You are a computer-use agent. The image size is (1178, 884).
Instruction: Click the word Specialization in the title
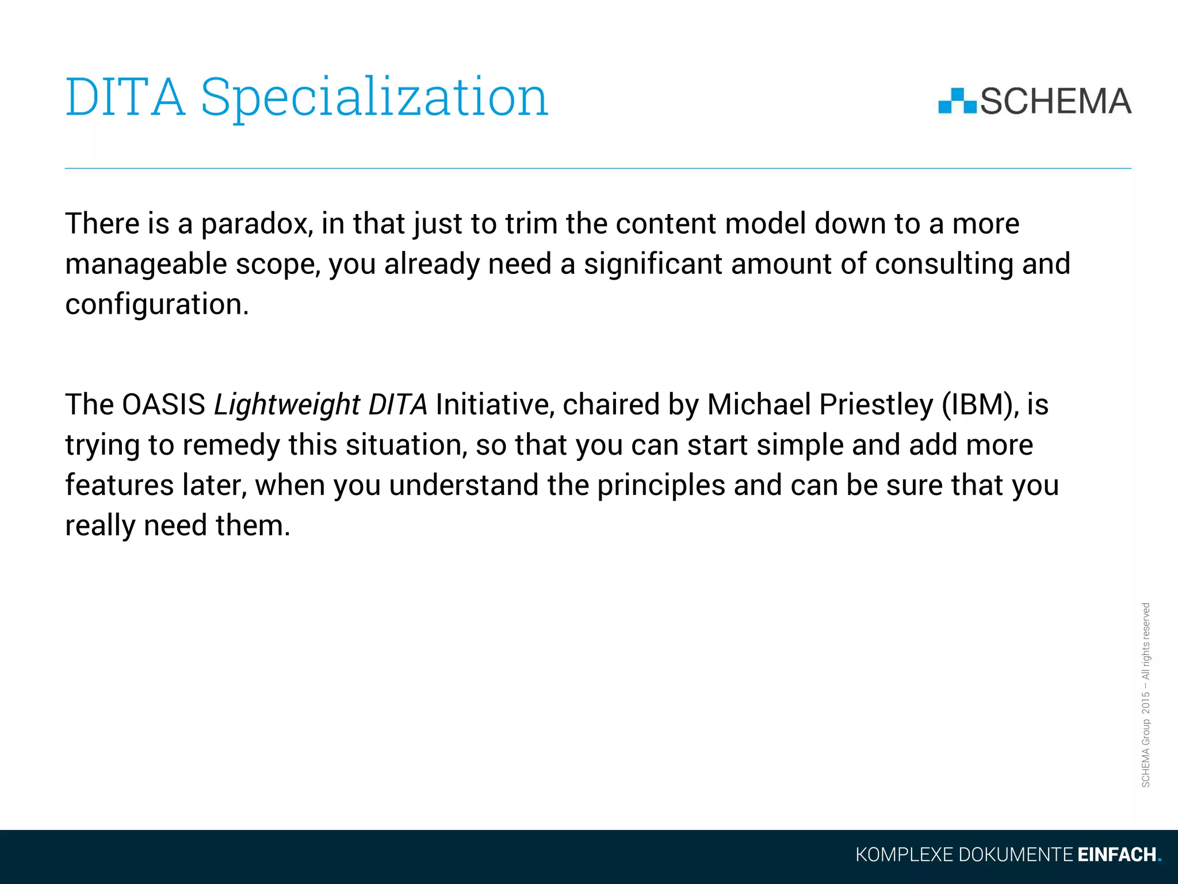point(374,98)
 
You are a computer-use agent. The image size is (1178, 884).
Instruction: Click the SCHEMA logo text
point(1055,101)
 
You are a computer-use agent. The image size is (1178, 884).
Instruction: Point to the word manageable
point(146,265)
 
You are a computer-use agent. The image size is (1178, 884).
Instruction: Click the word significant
point(652,264)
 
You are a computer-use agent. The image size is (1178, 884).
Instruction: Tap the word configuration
point(156,304)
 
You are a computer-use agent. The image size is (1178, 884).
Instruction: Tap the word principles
point(661,486)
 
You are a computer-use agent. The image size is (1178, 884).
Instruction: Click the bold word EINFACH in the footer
point(1116,855)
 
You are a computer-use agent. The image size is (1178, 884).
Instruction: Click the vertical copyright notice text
point(1146,695)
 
